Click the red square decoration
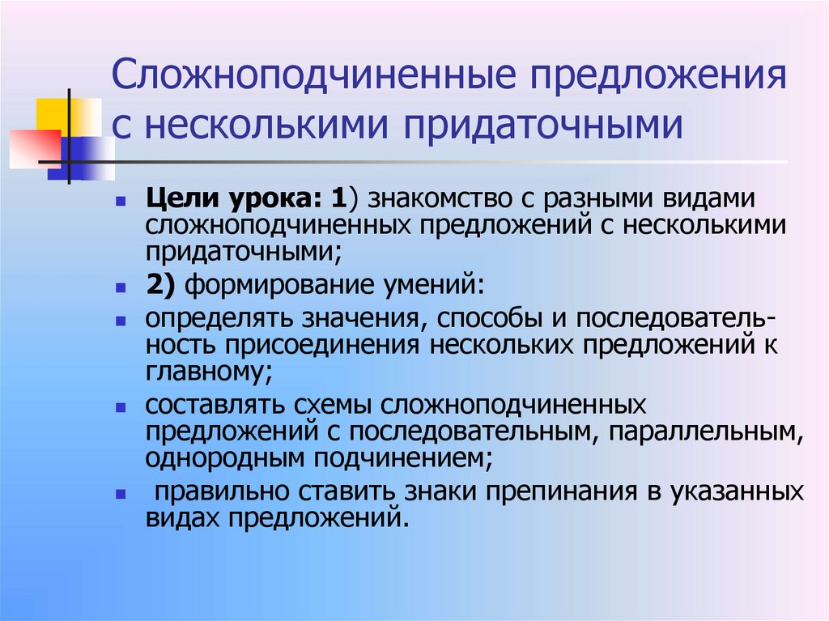[34, 147]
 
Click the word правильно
[219, 492]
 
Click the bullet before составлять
[121, 406]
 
